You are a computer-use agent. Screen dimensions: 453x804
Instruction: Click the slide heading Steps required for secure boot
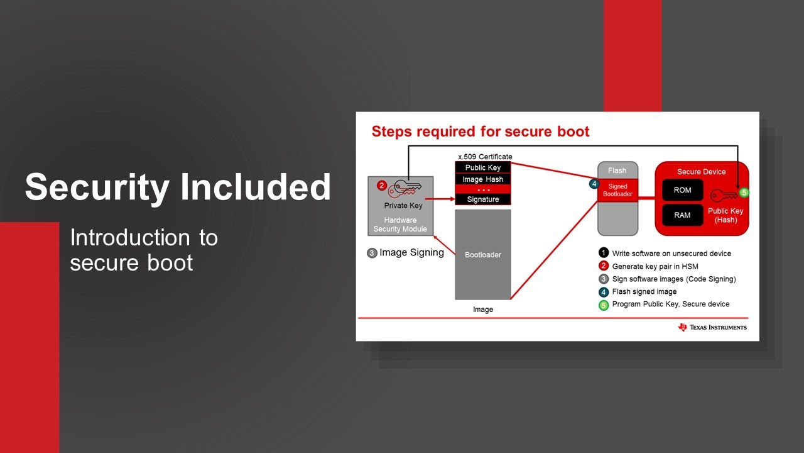coord(481,131)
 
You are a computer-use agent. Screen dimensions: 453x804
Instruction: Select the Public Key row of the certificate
coord(482,168)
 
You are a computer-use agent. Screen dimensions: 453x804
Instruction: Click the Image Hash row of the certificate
coord(482,179)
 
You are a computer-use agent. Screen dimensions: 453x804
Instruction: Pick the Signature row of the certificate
coord(482,199)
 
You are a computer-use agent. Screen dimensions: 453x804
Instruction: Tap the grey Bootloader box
coord(482,255)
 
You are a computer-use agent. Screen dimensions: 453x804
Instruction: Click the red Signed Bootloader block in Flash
coord(617,191)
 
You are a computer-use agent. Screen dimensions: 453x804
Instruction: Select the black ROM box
coord(682,190)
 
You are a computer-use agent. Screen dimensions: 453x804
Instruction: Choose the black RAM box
coord(682,215)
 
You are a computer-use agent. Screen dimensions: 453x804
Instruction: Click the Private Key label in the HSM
coord(403,206)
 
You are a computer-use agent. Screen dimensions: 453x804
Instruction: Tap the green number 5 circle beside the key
coord(744,193)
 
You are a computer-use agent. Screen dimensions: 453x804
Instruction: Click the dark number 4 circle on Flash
coord(594,184)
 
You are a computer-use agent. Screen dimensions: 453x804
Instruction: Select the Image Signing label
coord(411,253)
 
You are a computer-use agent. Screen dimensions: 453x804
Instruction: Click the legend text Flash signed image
coord(644,291)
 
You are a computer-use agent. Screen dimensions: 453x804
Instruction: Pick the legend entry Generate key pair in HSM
coord(655,266)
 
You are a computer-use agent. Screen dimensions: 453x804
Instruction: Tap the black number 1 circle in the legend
coord(604,254)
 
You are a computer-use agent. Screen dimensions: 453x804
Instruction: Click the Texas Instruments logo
coord(712,327)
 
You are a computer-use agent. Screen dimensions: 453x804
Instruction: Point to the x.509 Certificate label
coord(485,157)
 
